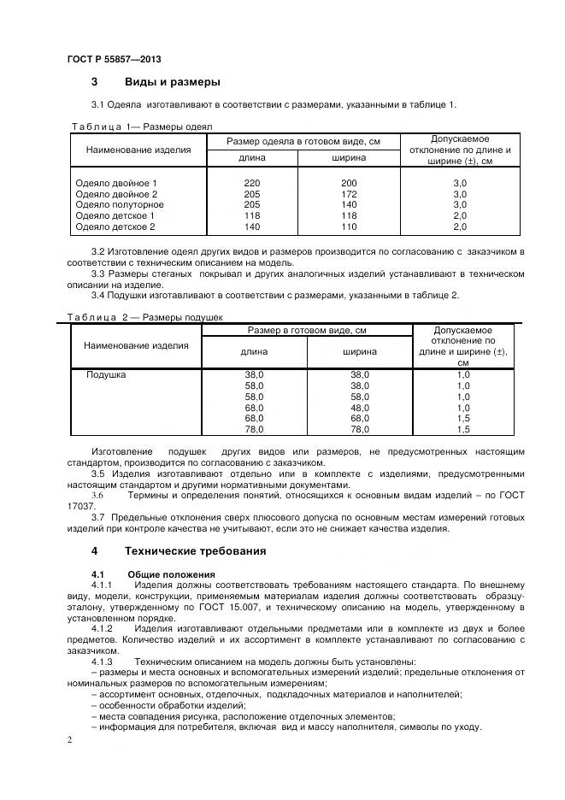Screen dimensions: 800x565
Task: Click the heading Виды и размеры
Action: point(173,83)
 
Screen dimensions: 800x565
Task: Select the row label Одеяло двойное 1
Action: point(116,184)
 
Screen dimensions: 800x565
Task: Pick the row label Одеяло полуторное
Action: point(119,205)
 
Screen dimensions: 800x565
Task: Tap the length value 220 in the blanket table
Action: point(251,184)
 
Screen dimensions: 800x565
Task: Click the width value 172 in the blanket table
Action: point(349,195)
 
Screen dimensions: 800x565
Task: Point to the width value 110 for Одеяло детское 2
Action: point(349,227)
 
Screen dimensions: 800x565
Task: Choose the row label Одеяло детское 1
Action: point(115,216)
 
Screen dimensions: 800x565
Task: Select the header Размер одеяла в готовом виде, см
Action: point(303,140)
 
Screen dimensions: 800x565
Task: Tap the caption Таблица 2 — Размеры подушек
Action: point(145,318)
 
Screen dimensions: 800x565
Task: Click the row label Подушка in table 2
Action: point(107,375)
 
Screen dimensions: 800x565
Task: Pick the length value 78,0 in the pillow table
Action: point(255,429)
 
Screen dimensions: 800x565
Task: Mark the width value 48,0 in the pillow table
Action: point(360,408)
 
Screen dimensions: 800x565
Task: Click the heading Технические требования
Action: point(195,551)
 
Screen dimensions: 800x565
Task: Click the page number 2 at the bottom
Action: point(69,740)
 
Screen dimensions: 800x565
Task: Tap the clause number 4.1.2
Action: point(102,628)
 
